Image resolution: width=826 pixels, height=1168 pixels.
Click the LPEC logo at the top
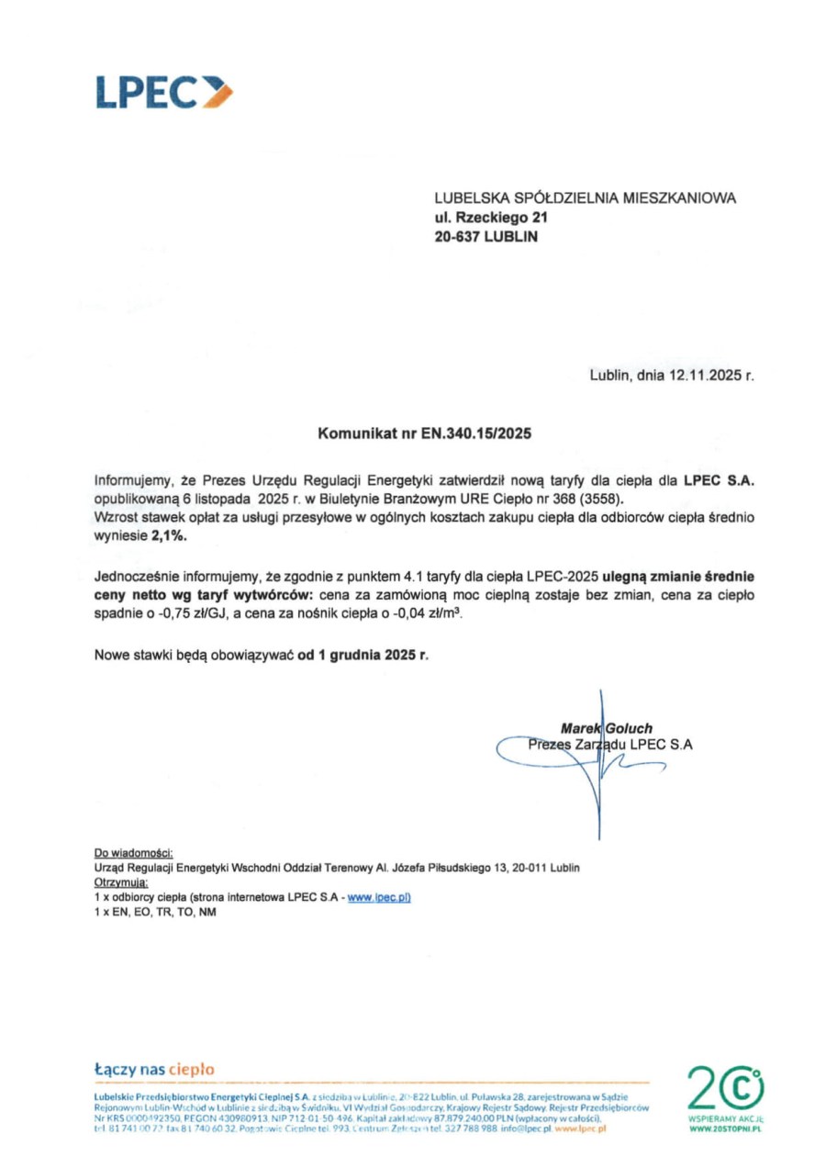pyautogui.click(x=163, y=93)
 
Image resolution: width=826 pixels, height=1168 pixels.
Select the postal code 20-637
pyautogui.click(x=456, y=236)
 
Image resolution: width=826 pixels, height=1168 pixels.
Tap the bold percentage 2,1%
pyautogui.click(x=169, y=537)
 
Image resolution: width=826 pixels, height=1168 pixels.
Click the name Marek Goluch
pyautogui.click(x=600, y=728)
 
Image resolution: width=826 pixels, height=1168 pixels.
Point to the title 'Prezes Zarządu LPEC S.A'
pyautogui.click(x=609, y=745)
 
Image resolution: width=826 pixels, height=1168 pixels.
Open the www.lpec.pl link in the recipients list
pyautogui.click(x=378, y=897)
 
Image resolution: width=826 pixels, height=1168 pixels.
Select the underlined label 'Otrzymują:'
pyautogui.click(x=120, y=882)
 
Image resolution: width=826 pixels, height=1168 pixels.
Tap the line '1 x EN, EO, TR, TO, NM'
pyautogui.click(x=155, y=912)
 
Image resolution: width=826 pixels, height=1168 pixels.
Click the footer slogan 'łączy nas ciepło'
pyautogui.click(x=154, y=1070)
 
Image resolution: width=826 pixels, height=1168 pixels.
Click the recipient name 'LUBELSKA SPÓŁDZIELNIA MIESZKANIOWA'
pyautogui.click(x=585, y=198)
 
